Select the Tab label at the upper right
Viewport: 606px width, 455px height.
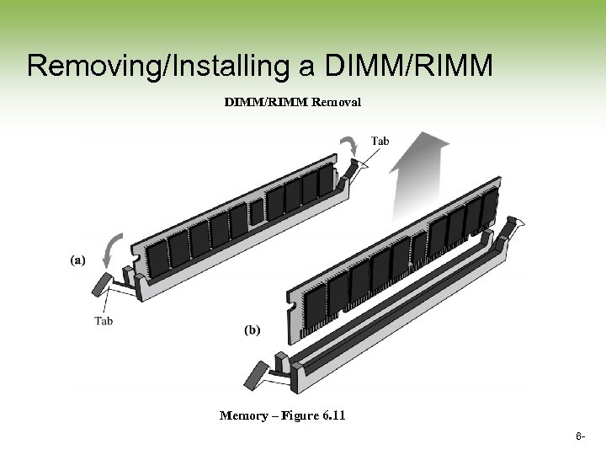coord(380,141)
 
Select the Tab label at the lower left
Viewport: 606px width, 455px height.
coord(104,320)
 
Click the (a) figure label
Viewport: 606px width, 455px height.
coord(77,260)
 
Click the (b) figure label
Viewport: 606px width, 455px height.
coord(252,331)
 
